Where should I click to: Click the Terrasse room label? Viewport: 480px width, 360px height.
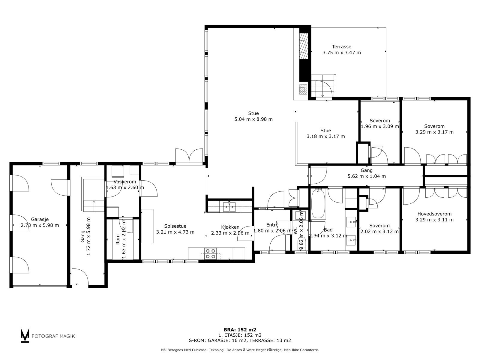point(342,47)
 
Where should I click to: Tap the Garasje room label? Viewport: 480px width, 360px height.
point(40,220)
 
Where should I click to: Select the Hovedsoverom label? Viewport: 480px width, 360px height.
point(434,214)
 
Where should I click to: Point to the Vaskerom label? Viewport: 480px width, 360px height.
point(125,181)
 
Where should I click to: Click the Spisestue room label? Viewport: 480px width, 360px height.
point(175,226)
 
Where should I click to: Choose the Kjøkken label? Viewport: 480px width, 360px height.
point(230,227)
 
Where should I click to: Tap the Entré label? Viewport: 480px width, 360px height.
point(272,225)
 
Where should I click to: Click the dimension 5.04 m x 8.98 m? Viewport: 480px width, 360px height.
point(253,119)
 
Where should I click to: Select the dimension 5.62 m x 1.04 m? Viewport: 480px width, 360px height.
point(367,176)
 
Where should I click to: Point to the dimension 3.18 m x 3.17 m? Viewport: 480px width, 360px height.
point(325,136)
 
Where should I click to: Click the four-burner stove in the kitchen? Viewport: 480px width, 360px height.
point(210,253)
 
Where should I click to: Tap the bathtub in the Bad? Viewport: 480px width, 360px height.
point(318,203)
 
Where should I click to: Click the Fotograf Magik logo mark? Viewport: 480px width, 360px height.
point(25,335)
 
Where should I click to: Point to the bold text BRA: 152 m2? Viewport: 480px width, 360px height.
point(240,330)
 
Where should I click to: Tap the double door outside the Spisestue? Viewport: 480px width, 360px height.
point(189,156)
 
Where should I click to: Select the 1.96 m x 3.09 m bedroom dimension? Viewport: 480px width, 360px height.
point(380,126)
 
